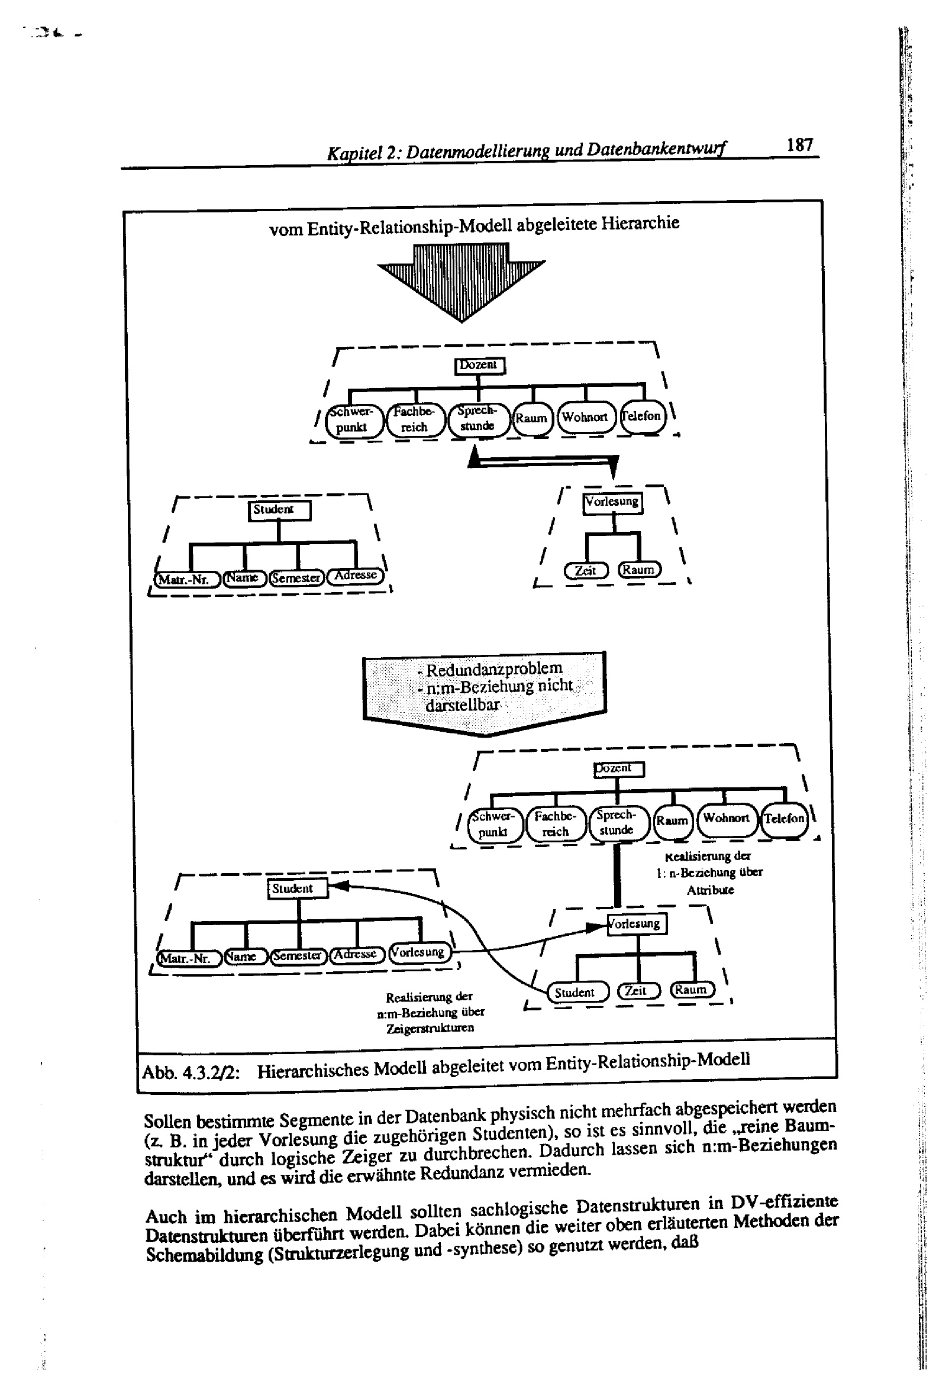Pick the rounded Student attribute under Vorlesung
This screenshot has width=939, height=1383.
click(x=577, y=992)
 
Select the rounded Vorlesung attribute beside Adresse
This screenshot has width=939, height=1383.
click(x=419, y=952)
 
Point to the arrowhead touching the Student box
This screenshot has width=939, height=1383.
click(x=338, y=886)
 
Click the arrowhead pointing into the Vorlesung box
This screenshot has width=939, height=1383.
click(x=595, y=927)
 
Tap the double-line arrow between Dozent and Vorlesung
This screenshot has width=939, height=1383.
click(x=543, y=460)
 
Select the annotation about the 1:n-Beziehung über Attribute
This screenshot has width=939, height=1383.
click(x=709, y=873)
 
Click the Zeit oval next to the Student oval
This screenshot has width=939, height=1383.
click(x=638, y=990)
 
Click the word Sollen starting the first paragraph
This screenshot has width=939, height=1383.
click(x=167, y=1122)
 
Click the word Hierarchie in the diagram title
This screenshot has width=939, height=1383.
click(x=640, y=224)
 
